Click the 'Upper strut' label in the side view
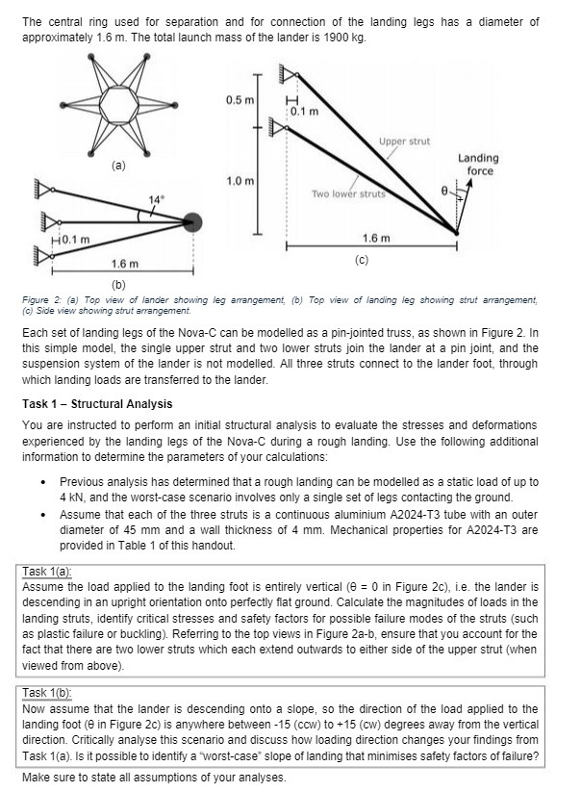(404, 141)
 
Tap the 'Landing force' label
(479, 164)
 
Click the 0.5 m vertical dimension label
(240, 101)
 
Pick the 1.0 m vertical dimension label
(240, 181)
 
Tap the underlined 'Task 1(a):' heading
(45, 571)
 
